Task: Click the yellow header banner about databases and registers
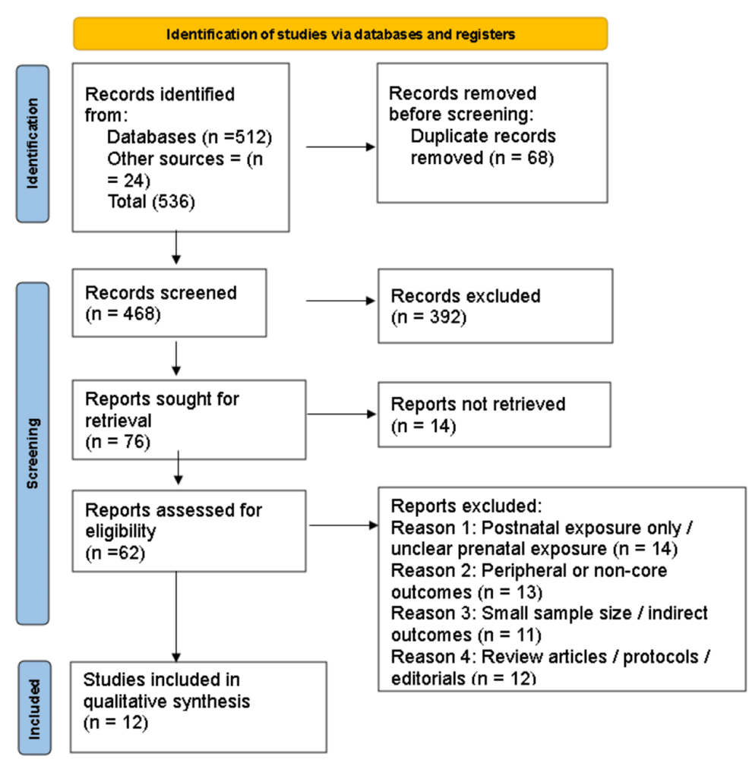pyautogui.click(x=340, y=33)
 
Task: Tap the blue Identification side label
pyautogui.click(x=33, y=144)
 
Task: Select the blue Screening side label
pyautogui.click(x=33, y=453)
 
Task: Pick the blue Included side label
pyautogui.click(x=35, y=708)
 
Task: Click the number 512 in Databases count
pyautogui.click(x=251, y=137)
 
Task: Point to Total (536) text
pyautogui.click(x=151, y=201)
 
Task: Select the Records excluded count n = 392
pyautogui.click(x=428, y=317)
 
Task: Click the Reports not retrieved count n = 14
pyautogui.click(x=423, y=426)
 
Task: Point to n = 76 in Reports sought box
pyautogui.click(x=118, y=442)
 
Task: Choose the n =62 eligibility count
pyautogui.click(x=115, y=553)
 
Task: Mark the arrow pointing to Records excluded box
pyautogui.click(x=340, y=301)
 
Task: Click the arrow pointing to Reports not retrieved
pyautogui.click(x=341, y=414)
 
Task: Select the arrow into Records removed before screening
pyautogui.click(x=340, y=147)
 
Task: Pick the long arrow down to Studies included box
pyautogui.click(x=176, y=616)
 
